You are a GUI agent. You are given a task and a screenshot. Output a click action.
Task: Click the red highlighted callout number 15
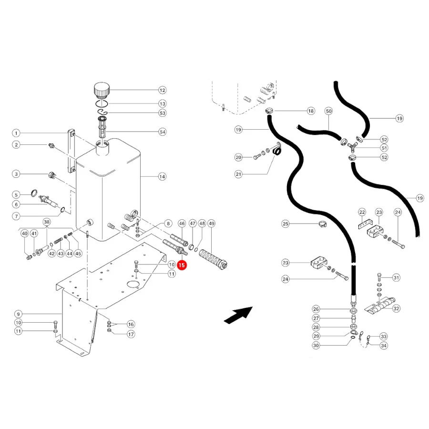182,265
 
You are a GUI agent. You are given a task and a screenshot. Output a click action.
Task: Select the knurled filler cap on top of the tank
102,90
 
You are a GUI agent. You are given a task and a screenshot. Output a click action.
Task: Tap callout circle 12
162,90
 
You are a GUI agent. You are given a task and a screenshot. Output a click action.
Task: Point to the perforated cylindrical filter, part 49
214,258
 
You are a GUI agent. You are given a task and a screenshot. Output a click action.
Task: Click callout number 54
163,132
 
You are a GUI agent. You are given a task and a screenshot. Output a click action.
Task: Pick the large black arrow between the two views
238,316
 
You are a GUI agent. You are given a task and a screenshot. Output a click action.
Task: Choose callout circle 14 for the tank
162,176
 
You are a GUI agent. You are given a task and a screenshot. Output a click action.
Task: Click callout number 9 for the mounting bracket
18,314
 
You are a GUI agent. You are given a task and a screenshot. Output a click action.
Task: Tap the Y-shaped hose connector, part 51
352,147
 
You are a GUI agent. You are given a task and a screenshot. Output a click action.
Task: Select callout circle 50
328,111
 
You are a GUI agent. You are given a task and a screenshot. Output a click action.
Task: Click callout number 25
286,224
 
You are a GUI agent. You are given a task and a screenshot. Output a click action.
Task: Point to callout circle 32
396,308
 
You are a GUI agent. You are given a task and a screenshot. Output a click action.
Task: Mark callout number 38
47,222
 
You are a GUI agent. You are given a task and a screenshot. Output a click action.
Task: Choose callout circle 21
239,174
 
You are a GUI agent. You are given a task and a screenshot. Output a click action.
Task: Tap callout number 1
16,133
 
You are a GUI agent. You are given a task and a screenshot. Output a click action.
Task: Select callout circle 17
131,334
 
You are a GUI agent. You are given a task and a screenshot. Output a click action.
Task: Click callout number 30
316,345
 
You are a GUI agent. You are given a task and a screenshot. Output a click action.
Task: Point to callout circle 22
362,212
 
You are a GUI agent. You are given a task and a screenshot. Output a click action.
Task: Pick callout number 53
163,113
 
